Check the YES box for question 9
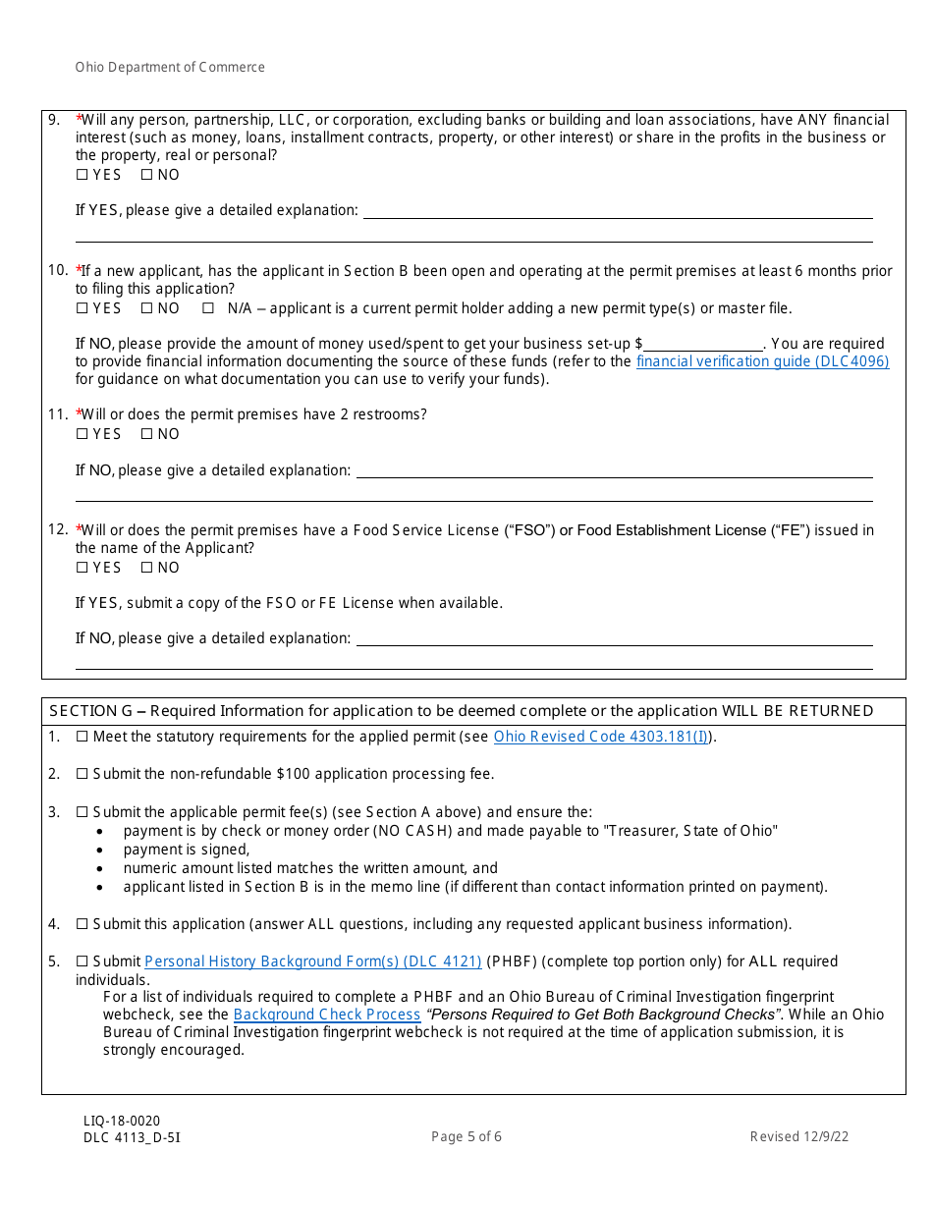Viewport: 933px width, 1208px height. pos(82,175)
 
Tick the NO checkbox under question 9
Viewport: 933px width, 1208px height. pos(146,175)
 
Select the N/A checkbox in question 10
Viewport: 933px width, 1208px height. pos(207,308)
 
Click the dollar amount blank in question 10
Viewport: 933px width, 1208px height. pos(703,345)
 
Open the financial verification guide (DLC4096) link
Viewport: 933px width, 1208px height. pos(762,361)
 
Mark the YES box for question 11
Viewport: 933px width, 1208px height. pos(82,434)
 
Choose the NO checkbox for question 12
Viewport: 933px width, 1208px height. pos(146,568)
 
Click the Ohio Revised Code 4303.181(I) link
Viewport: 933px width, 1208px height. pos(600,737)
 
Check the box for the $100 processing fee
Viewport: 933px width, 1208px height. pos(82,774)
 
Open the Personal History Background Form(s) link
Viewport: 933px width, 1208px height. pos(312,961)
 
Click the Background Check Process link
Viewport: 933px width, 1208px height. pos(327,1015)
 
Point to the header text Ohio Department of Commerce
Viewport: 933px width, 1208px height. pos(170,68)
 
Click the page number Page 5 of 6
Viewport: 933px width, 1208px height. pos(466,1137)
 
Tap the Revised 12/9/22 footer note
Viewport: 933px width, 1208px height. pos(799,1137)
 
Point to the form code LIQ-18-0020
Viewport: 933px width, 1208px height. pos(122,1122)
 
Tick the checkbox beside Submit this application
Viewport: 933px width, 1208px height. pos(82,924)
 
